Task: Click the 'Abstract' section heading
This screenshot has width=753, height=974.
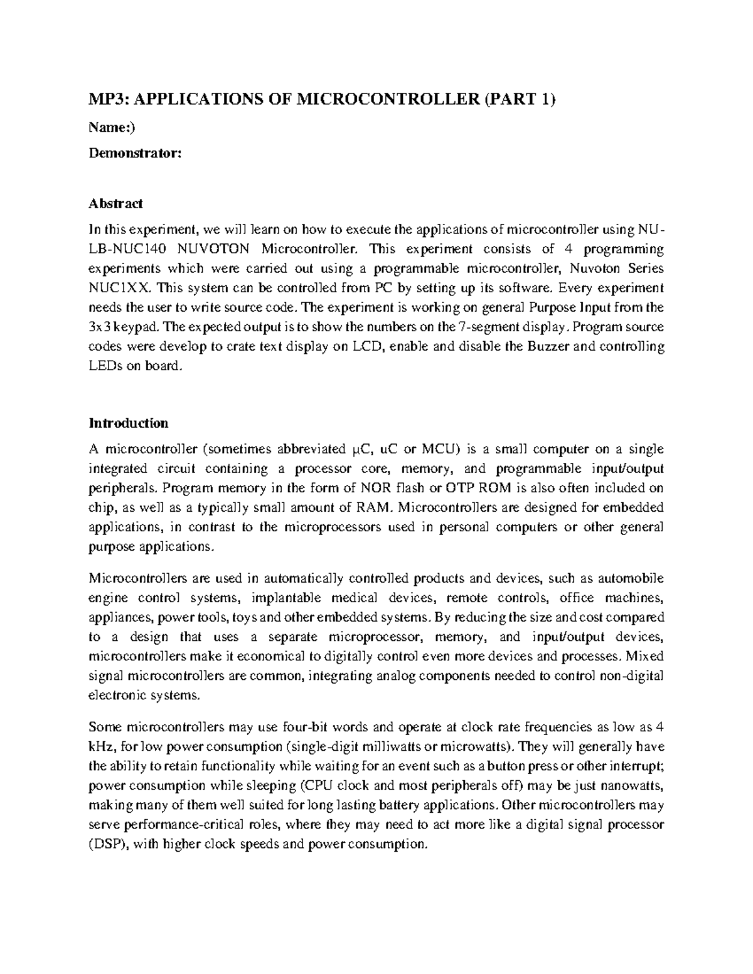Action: pyautogui.click(x=116, y=203)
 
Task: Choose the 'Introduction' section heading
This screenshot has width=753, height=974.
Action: pyautogui.click(x=129, y=423)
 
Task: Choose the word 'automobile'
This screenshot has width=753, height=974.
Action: pyautogui.click(x=634, y=578)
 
